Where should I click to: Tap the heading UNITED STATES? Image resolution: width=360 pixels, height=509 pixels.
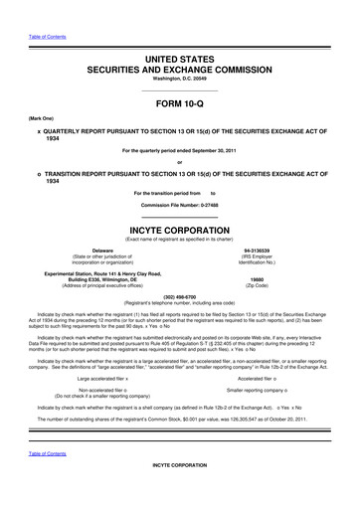click(180, 33)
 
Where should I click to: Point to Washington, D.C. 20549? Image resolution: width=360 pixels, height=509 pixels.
click(180, 54)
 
